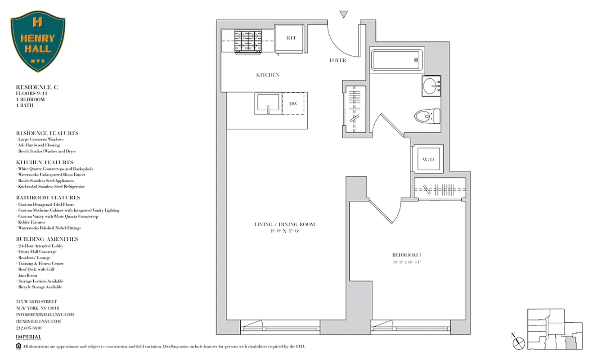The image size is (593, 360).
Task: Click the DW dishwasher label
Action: click(293, 104)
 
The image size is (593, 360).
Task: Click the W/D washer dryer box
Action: click(427, 159)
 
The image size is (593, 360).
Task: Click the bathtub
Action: click(396, 59)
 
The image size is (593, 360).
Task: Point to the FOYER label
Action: click(338, 60)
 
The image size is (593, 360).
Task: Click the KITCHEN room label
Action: click(268, 75)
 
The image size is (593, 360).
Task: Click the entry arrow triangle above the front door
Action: click(344, 14)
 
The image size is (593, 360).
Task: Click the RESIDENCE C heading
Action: click(37, 86)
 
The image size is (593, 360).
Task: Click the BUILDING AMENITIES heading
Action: click(47, 239)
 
